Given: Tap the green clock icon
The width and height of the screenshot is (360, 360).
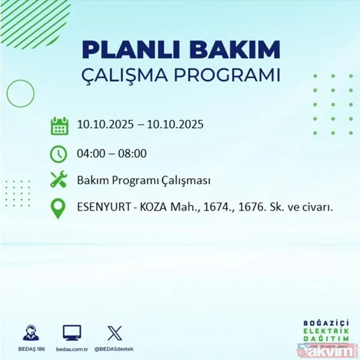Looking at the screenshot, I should pyautogui.click(x=59, y=154).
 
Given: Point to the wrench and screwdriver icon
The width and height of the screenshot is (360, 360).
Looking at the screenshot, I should pyautogui.click(x=59, y=181).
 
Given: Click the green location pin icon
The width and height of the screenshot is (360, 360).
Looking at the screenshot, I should pyautogui.click(x=59, y=208).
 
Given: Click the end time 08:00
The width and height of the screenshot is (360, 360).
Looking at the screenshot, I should pyautogui.click(x=132, y=154).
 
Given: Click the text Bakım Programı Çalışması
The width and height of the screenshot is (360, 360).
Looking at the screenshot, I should pyautogui.click(x=143, y=181).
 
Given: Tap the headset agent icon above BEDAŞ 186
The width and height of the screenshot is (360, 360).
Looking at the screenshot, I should pyautogui.click(x=29, y=332).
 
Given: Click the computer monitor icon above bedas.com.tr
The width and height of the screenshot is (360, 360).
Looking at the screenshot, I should pyautogui.click(x=71, y=332).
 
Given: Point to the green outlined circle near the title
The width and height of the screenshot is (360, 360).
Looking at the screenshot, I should pyautogui.click(x=20, y=93).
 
